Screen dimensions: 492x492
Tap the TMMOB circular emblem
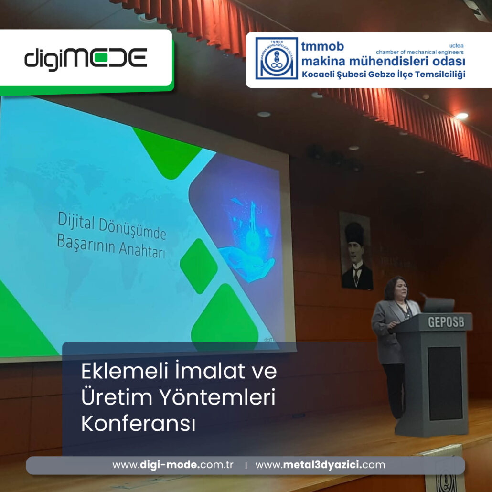[276, 58]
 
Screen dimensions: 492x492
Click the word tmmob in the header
[322, 46]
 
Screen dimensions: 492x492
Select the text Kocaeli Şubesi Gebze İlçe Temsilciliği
[383, 75]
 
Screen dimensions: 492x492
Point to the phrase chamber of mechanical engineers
[419, 52]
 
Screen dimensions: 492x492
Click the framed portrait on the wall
[356, 251]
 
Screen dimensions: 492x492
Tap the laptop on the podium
[439, 305]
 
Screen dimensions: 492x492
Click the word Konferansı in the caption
[139, 424]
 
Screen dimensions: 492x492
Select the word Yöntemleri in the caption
[218, 397]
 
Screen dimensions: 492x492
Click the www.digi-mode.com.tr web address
[172, 465]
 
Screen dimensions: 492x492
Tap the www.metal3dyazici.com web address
[320, 465]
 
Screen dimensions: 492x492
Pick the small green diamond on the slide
[199, 266]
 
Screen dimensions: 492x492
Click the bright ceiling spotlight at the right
[461, 116]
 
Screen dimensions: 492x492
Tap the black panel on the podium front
[445, 383]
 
